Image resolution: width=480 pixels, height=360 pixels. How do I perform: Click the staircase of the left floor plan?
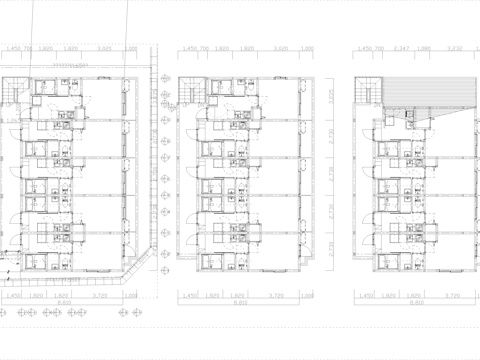[12, 91]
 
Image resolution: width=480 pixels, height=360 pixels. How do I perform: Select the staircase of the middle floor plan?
[189, 91]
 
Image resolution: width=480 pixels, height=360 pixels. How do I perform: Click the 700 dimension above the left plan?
[29, 48]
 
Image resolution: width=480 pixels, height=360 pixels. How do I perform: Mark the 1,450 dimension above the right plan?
[366, 48]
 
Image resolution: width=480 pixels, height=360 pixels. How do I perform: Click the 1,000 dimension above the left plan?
[130, 48]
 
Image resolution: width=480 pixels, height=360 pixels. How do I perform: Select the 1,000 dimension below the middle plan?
[306, 297]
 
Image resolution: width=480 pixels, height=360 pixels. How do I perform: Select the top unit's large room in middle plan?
[276, 99]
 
